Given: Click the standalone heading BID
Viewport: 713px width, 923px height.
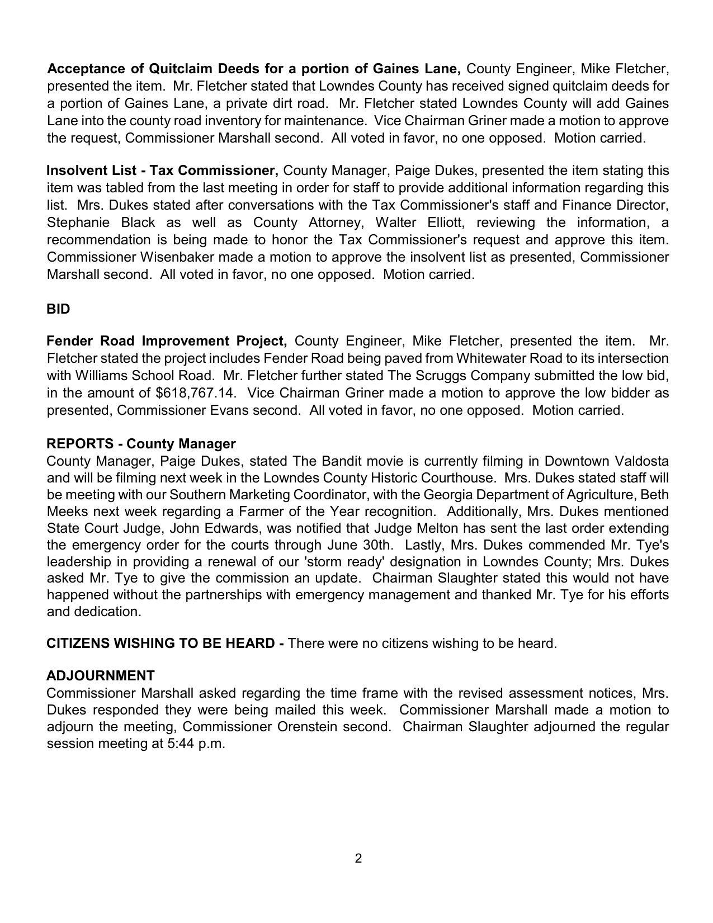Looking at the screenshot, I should [58, 309].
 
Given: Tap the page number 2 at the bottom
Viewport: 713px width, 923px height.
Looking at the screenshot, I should [358, 858].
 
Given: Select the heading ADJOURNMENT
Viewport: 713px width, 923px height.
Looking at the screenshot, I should [101, 675].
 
